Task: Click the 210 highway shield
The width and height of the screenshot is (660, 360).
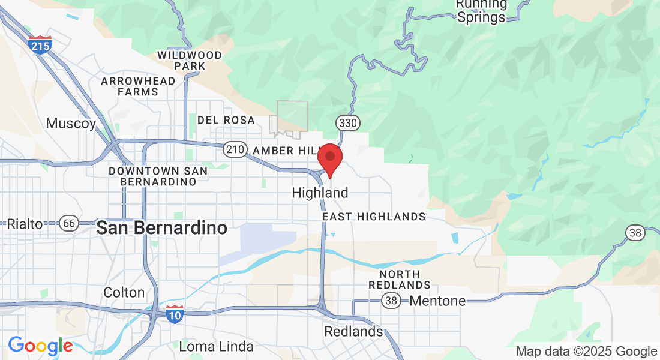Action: point(233,149)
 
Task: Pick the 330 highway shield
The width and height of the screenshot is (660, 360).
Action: point(348,123)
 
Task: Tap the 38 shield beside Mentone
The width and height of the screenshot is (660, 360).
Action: point(392,301)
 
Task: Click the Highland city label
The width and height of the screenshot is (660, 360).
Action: point(320,193)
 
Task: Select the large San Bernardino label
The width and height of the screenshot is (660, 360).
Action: point(162,228)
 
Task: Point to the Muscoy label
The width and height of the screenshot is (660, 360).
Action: point(71,124)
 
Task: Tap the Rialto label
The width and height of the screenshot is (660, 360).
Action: point(25,224)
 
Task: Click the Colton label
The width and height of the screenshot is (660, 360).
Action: point(124,293)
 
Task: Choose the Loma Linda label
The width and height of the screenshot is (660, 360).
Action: point(216,346)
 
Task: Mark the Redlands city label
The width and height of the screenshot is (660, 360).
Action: point(353,331)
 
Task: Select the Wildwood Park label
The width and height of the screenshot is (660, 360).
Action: point(190,61)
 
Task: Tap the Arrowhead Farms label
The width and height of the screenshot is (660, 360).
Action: point(138,86)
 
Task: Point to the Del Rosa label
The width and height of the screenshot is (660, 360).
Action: point(226,120)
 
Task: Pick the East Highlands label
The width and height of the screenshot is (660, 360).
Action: point(374,217)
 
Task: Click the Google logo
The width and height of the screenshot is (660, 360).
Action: point(40,346)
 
